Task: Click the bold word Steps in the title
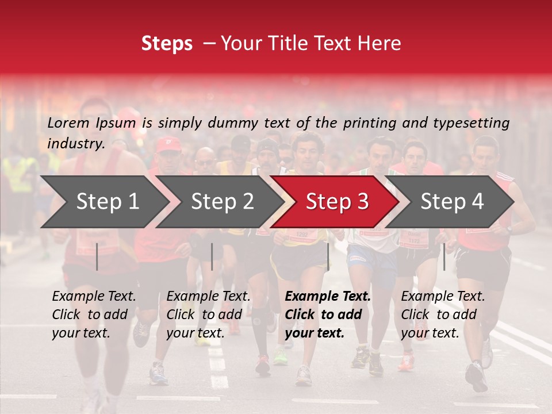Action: pos(167,44)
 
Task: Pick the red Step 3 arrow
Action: pos(337,202)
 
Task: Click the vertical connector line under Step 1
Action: pos(97,256)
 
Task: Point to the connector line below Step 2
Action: pos(212,256)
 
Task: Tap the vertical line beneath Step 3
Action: pos(328,256)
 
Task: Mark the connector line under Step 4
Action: pos(444,256)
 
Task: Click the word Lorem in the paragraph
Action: pos(68,123)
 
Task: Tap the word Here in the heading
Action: pos(380,44)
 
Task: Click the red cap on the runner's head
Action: pos(168,144)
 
